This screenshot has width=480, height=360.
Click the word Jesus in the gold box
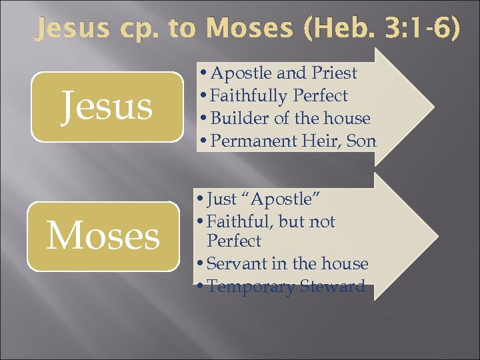[107, 107]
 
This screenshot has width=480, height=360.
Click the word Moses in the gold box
[103, 237]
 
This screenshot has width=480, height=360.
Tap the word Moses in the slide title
[250, 28]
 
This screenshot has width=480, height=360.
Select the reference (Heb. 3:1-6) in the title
[381, 28]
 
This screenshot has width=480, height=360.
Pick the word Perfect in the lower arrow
[234, 241]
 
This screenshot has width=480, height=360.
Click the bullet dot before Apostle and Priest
[204, 73]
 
